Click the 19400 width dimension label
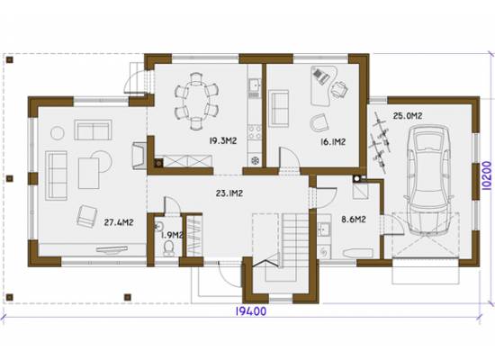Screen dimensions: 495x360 (x=251, y=311)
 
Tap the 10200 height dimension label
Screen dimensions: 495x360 (x=487, y=175)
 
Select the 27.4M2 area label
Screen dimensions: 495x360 (x=119, y=222)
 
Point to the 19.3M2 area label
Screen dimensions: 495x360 (x=223, y=140)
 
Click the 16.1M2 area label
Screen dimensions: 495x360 (x=333, y=142)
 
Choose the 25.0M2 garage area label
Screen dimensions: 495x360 (x=408, y=116)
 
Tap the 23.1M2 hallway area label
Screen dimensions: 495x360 (x=229, y=193)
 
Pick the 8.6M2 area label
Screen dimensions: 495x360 (x=354, y=219)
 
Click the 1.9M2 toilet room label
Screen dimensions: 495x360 (x=172, y=235)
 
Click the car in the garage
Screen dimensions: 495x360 (x=428, y=180)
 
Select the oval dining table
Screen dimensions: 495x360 (x=195, y=101)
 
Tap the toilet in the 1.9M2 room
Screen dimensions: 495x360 (x=169, y=247)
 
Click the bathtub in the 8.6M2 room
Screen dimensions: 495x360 (x=357, y=253)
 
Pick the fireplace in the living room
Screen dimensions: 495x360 (x=139, y=156)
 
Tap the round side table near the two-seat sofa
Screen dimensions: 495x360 (x=58, y=133)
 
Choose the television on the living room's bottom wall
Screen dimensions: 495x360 (x=112, y=249)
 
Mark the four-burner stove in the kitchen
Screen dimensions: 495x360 (x=254, y=132)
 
